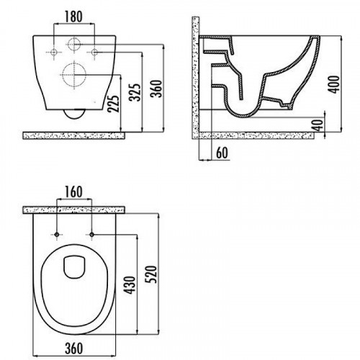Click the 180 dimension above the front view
click(73, 17)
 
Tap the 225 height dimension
click(113, 104)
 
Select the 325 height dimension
click(134, 92)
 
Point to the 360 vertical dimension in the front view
click(156, 89)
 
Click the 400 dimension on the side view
click(334, 84)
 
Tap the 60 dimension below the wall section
click(222, 153)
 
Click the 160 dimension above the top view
click(74, 192)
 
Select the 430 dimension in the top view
click(130, 285)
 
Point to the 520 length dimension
click(152, 274)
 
